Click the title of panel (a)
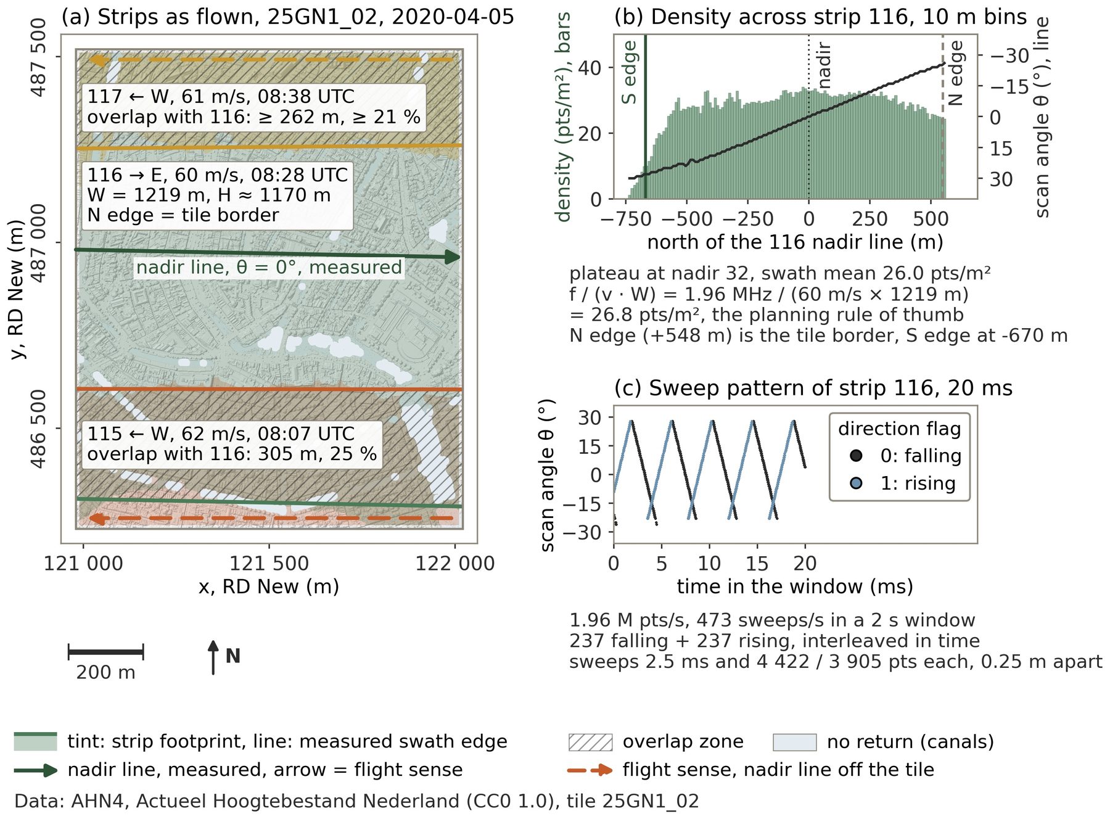[287, 17]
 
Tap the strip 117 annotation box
[253, 106]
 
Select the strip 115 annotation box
[231, 443]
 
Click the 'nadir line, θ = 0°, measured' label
[269, 267]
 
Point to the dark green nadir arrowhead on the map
[453, 257]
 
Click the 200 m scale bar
[105, 651]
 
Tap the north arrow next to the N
[213, 657]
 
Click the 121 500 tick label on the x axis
[269, 563]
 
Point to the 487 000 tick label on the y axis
[38, 243]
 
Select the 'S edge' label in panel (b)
[629, 72]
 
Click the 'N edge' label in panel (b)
[955, 73]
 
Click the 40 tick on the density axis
[590, 67]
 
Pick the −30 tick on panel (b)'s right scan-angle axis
[1009, 56]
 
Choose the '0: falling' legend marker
[856, 456]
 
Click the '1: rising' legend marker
[856, 483]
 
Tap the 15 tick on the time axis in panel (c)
[757, 563]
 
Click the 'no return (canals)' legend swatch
[794, 742]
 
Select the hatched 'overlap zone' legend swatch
[590, 742]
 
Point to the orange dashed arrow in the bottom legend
[590, 770]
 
